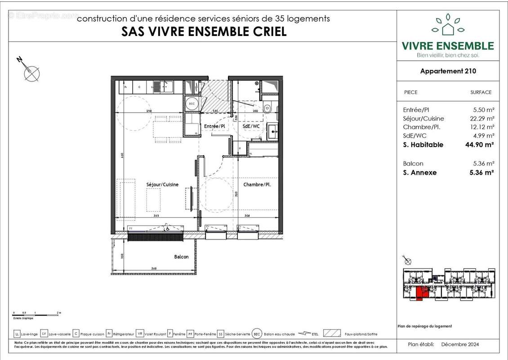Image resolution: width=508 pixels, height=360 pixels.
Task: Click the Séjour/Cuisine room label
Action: click(x=162, y=184)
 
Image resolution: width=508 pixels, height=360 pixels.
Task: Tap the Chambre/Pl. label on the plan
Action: click(x=257, y=184)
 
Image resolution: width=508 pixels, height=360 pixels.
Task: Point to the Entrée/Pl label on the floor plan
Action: click(x=214, y=126)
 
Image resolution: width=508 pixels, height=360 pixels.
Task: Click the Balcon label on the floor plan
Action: click(x=181, y=257)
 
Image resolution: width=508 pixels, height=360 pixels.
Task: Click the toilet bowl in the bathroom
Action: click(x=267, y=108)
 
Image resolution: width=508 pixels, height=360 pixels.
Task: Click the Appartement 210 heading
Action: click(x=448, y=71)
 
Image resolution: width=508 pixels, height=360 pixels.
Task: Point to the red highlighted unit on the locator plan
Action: click(x=419, y=293)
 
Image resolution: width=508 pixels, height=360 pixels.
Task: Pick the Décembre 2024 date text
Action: click(x=459, y=345)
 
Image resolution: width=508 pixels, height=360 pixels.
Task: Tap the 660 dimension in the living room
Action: click(x=122, y=156)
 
